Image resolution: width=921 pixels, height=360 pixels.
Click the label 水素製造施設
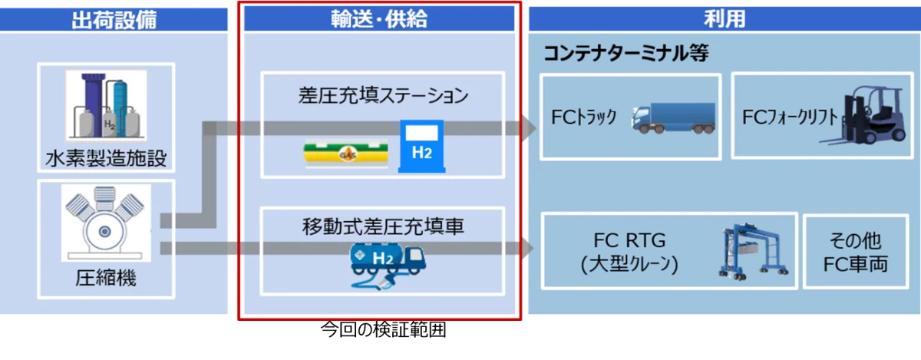pos(106,160)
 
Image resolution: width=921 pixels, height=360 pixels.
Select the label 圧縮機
pos(106,277)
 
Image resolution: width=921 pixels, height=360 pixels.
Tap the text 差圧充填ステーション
pos(383,97)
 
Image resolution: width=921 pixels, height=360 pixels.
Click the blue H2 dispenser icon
pos(421,144)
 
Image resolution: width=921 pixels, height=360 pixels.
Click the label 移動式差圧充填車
pos(383,227)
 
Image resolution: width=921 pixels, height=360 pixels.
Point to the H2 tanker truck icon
pos(384,263)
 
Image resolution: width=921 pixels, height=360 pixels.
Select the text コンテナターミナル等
pos(626,54)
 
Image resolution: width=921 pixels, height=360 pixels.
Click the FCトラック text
pos(584,118)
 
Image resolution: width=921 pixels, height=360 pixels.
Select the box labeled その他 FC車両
pos(856,251)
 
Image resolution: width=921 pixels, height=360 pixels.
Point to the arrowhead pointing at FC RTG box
pos(527,248)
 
